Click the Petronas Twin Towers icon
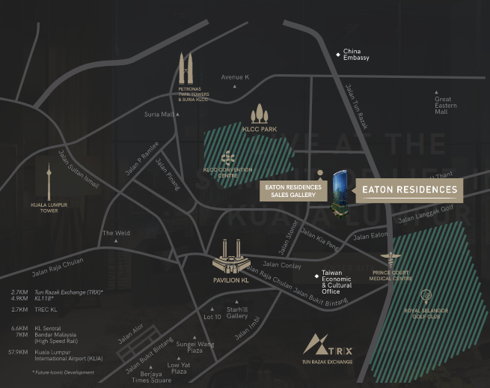point(186,69)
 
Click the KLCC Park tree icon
point(260,114)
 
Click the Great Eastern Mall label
point(445,105)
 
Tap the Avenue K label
point(235,77)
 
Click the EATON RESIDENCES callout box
point(408,190)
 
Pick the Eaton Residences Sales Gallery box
point(293,190)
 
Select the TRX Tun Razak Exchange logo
point(328,346)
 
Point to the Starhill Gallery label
point(238,312)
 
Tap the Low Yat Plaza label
point(178,368)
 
